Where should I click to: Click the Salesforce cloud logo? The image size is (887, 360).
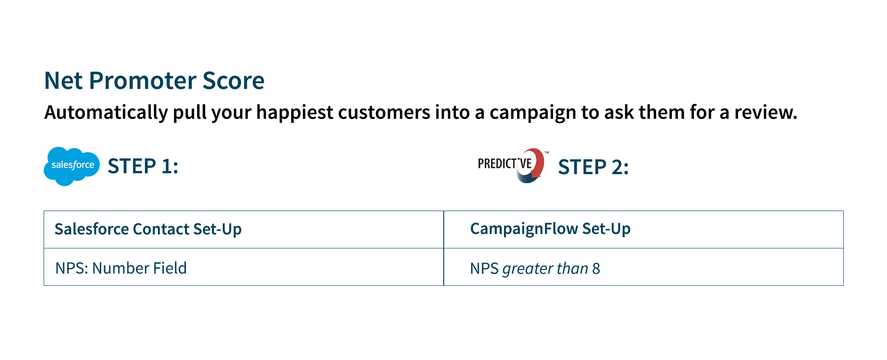click(x=72, y=166)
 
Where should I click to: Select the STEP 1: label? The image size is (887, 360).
click(x=143, y=166)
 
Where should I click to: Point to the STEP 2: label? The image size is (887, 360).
click(x=593, y=167)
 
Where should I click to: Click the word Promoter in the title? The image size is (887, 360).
click(x=142, y=81)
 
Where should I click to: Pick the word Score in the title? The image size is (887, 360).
click(x=233, y=81)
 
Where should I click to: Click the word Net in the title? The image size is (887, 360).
click(x=63, y=81)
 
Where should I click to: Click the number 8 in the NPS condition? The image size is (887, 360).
click(x=596, y=269)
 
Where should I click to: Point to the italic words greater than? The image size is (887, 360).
click(x=545, y=269)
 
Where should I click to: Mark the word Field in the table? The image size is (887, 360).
click(x=170, y=268)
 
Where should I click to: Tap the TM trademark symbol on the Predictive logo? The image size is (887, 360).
click(x=547, y=153)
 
